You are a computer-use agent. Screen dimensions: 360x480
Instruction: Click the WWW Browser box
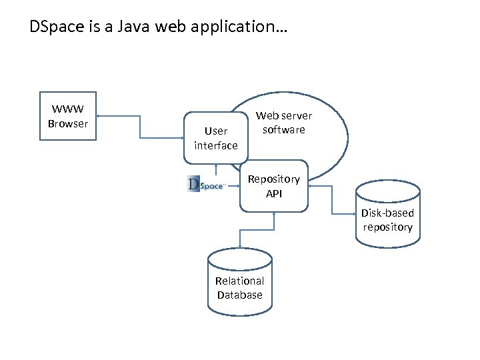pos(67,116)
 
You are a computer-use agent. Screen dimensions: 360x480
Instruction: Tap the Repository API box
pos(274,186)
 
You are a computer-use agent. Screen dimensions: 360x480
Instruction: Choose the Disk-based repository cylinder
pos(388,213)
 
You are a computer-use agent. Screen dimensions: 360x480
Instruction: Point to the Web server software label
pos(283,123)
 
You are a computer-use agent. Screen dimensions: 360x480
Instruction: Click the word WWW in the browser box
pos(67,109)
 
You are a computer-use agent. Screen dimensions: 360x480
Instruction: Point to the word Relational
pos(239,281)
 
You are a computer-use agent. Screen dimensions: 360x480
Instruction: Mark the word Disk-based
pos(388,213)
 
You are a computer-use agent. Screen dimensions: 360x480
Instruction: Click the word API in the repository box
pos(274,193)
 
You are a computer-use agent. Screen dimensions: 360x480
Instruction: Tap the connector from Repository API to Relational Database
pos(257,230)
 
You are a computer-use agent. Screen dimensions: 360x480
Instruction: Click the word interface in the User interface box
pos(216,145)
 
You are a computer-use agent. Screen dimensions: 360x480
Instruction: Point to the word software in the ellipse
pos(283,129)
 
